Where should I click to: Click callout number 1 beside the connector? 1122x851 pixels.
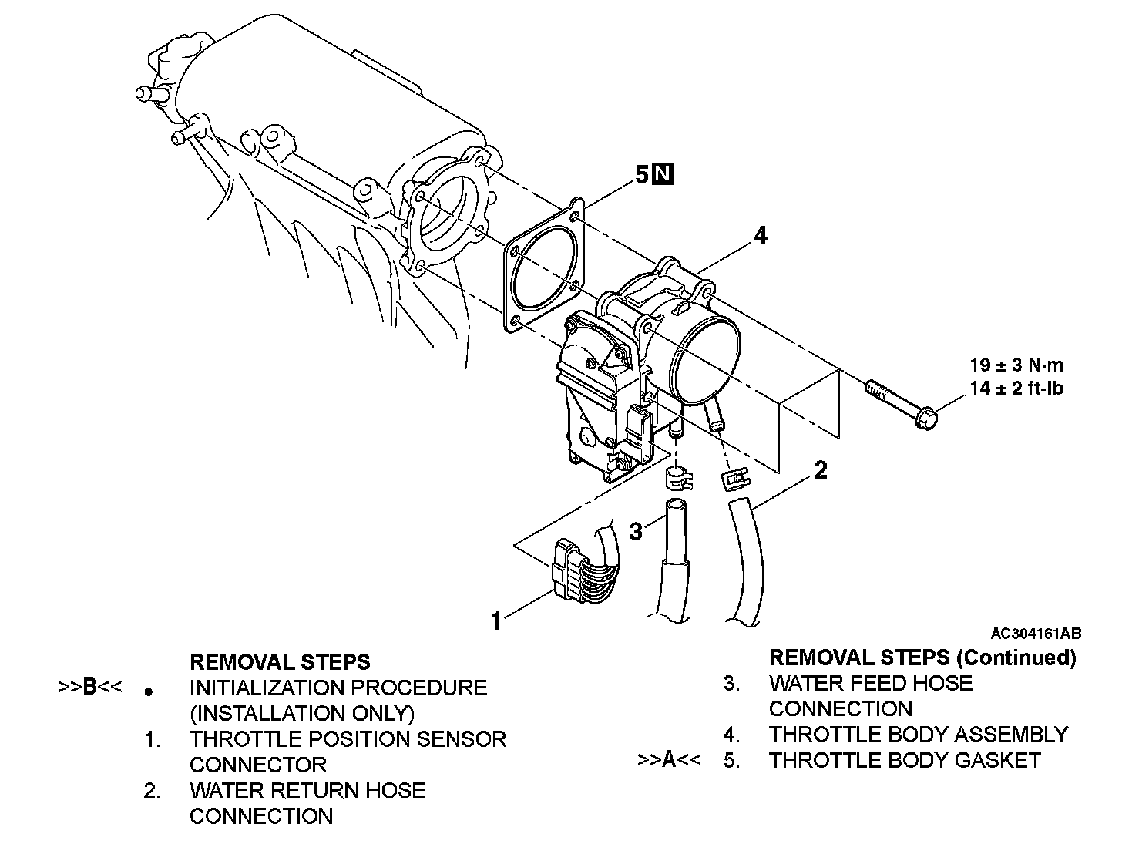tap(497, 620)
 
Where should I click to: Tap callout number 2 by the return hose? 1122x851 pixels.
tap(821, 469)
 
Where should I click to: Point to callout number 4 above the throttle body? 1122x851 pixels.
tap(760, 235)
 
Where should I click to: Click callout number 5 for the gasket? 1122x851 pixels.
tap(642, 175)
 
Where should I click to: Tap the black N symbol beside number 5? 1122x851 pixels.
tap(663, 175)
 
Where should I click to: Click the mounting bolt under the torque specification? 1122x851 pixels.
tap(902, 401)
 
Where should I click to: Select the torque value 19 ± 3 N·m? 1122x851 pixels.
tap(1016, 365)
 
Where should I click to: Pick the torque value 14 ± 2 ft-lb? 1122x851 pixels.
tap(1016, 388)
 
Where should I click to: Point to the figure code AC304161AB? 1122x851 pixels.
tap(1036, 634)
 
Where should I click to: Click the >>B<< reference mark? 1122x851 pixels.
tap(89, 687)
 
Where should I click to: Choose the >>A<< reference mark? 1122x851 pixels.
tap(669, 760)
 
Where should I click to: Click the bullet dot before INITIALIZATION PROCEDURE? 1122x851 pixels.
tap(149, 691)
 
